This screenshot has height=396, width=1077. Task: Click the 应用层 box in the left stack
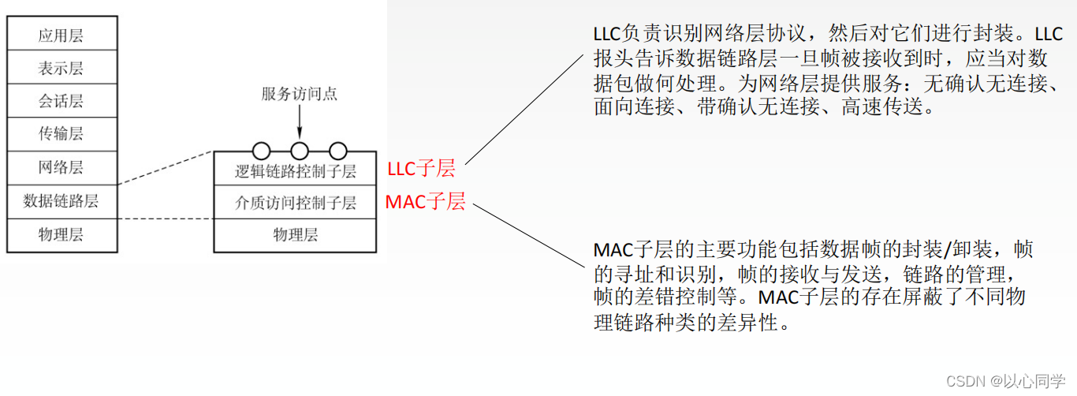tap(61, 35)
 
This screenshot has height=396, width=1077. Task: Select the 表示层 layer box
tap(61, 69)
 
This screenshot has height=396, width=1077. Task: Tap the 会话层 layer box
tap(61, 102)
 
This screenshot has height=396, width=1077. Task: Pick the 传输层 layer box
tap(61, 135)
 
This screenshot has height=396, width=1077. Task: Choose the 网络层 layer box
tap(61, 168)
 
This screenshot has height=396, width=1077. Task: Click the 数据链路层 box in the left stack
tap(61, 201)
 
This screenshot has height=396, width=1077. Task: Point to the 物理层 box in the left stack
tap(61, 235)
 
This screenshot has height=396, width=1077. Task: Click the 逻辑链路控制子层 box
tap(296, 170)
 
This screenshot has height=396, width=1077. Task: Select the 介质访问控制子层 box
tap(296, 203)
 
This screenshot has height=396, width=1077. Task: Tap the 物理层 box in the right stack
tap(296, 235)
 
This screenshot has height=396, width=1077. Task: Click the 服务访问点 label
tap(300, 94)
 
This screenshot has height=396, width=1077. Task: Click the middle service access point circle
tap(300, 151)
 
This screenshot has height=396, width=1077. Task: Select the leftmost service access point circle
tap(261, 151)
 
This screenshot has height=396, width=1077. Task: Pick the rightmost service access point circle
tap(338, 151)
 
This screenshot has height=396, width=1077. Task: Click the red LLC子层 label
tap(421, 169)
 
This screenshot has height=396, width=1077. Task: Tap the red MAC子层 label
tap(425, 202)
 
